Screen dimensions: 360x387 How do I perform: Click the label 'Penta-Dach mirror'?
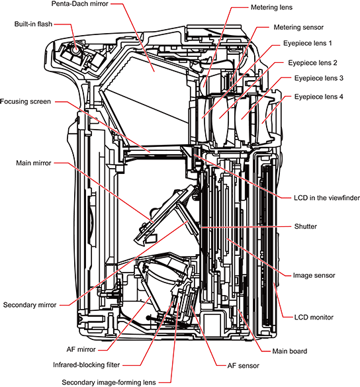click(x=80, y=4)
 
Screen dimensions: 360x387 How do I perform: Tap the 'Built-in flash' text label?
click(x=33, y=24)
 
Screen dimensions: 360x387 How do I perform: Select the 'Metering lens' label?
click(x=271, y=7)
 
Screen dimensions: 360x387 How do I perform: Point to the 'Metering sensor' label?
click(x=298, y=27)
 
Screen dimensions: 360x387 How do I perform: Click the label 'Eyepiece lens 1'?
click(x=308, y=43)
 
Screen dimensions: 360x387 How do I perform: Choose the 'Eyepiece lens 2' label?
click(x=312, y=63)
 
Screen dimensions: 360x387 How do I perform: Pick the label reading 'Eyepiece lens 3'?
click(x=319, y=78)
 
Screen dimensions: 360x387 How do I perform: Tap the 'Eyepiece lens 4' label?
click(x=319, y=97)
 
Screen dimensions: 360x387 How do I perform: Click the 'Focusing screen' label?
click(x=25, y=101)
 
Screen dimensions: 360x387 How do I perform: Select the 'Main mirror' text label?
click(x=34, y=163)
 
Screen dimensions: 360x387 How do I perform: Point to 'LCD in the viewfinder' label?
click(x=327, y=198)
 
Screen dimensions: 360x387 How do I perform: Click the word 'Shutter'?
click(x=306, y=226)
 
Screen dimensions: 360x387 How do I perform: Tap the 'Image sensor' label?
click(x=314, y=275)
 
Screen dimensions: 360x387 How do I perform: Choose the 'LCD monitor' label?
click(x=314, y=317)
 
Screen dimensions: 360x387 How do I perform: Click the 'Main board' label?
click(x=290, y=351)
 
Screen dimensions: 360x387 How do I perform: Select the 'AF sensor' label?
click(x=244, y=366)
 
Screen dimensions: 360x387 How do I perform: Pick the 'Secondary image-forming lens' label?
click(x=109, y=382)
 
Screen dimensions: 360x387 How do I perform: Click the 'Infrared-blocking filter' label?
click(x=87, y=365)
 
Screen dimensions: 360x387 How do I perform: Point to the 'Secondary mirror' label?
click(x=30, y=305)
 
